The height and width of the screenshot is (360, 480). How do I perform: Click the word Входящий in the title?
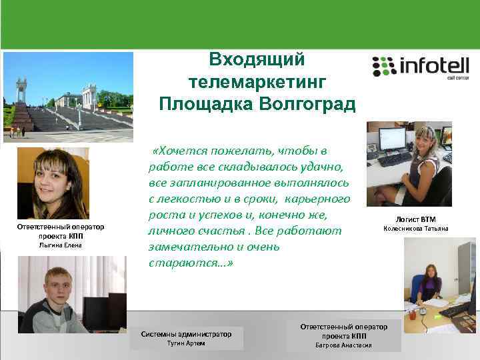[x=257, y=60]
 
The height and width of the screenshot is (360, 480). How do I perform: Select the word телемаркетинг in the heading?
[x=257, y=82]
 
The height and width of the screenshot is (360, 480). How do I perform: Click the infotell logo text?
[x=433, y=66]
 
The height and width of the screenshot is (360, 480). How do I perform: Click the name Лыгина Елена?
[x=61, y=245]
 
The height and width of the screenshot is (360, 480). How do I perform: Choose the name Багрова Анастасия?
[x=343, y=346]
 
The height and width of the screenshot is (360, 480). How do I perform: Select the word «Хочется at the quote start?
[x=178, y=151]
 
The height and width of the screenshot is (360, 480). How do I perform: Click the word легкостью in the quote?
[x=184, y=199]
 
